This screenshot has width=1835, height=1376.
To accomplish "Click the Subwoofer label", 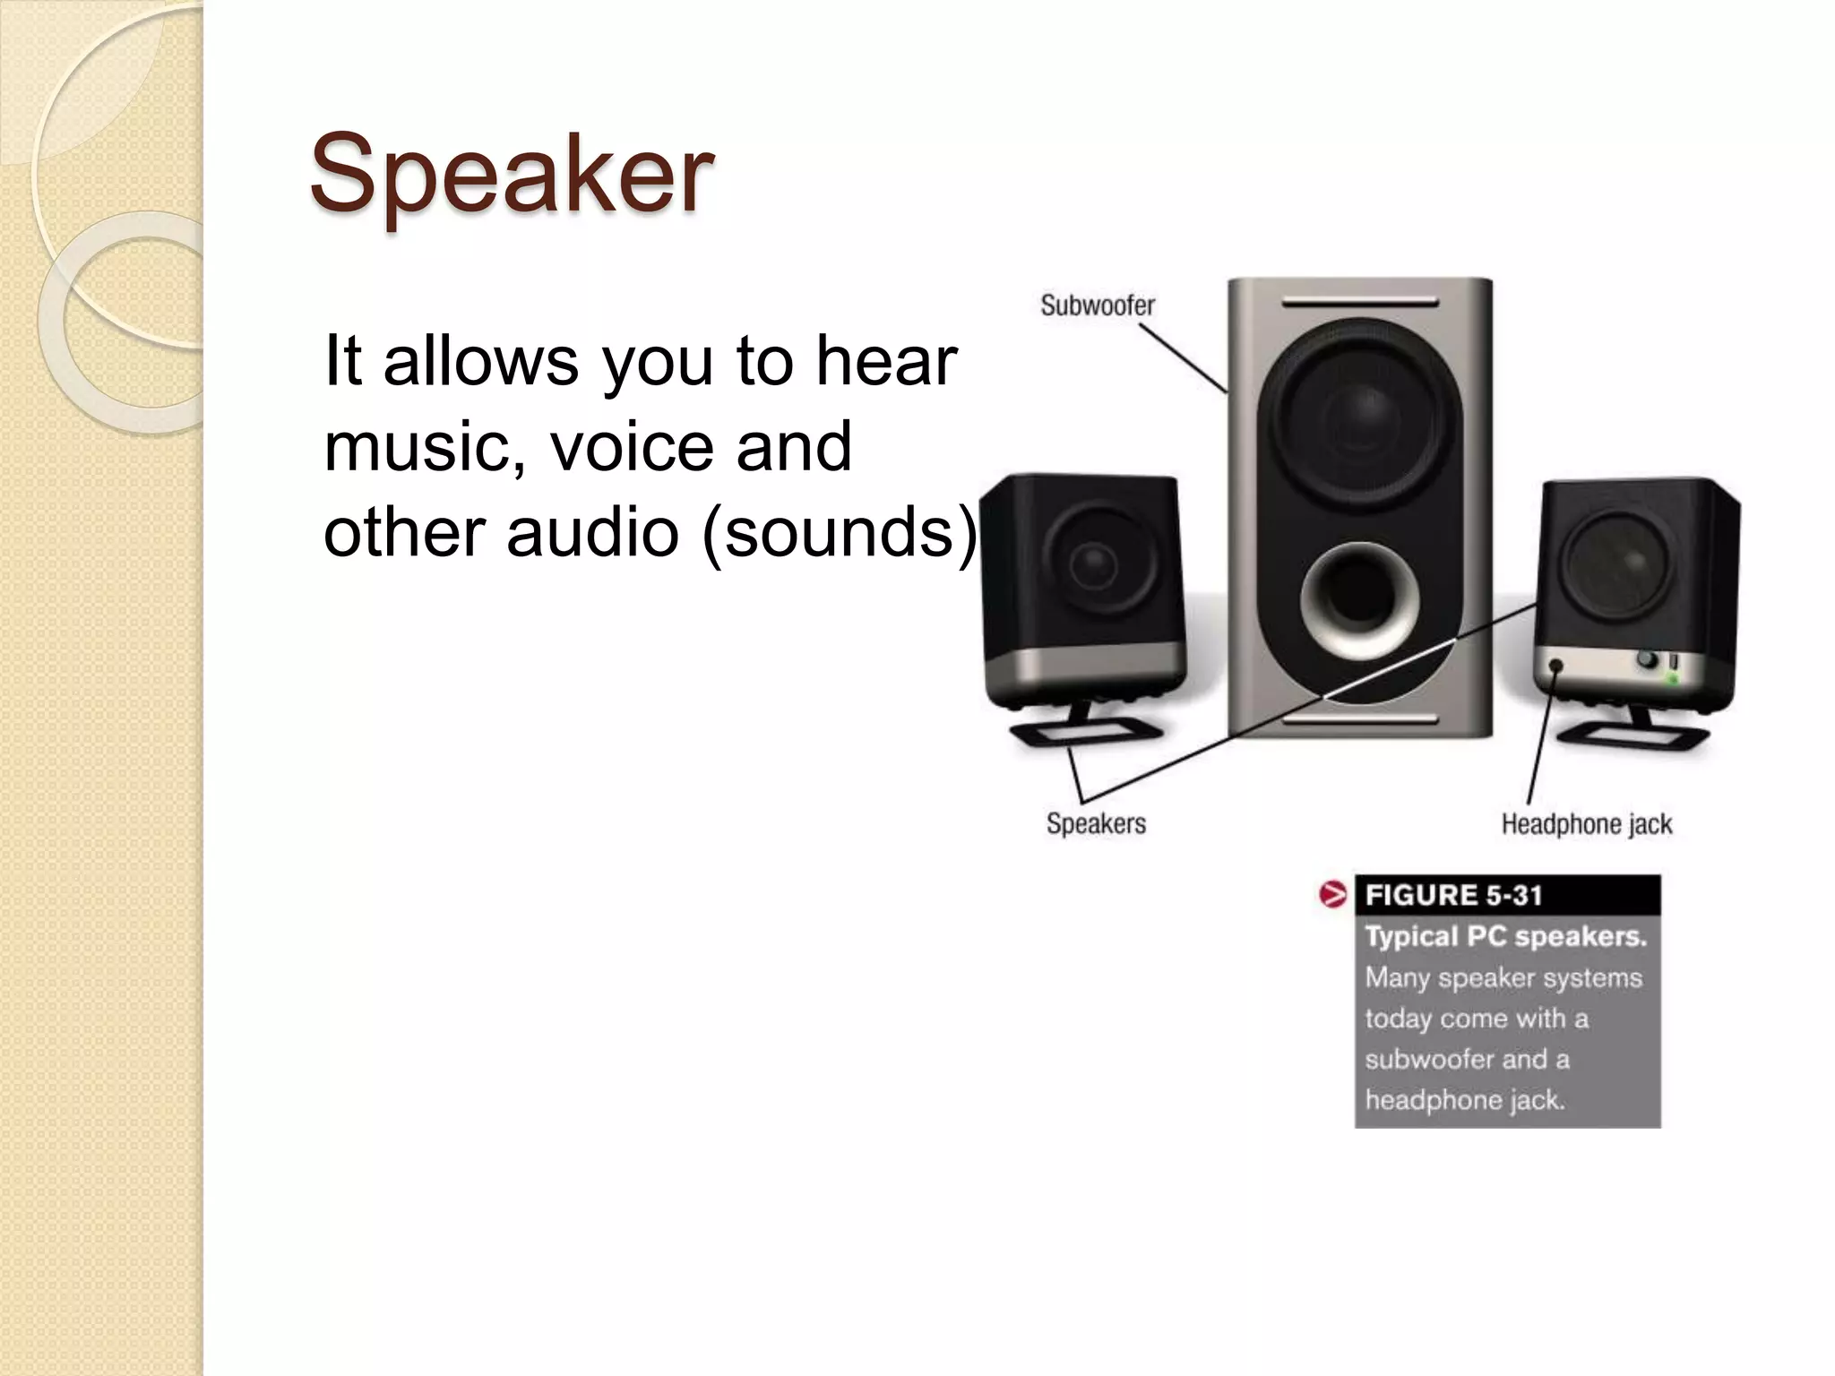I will (x=1097, y=306).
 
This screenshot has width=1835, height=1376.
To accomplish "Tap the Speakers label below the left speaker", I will (x=1096, y=823).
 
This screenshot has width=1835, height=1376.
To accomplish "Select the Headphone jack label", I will (x=1586, y=824).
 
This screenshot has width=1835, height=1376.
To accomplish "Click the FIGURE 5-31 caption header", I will (x=1453, y=895).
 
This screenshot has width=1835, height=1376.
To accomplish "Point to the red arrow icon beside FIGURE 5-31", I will (x=1332, y=894).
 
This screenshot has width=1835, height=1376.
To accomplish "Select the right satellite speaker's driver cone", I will (x=1620, y=563).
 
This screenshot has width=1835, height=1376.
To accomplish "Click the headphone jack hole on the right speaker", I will (x=1556, y=666).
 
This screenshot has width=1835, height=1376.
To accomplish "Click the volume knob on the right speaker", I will (x=1647, y=660).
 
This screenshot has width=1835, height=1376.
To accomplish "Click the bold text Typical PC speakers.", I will (x=1505, y=937).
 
